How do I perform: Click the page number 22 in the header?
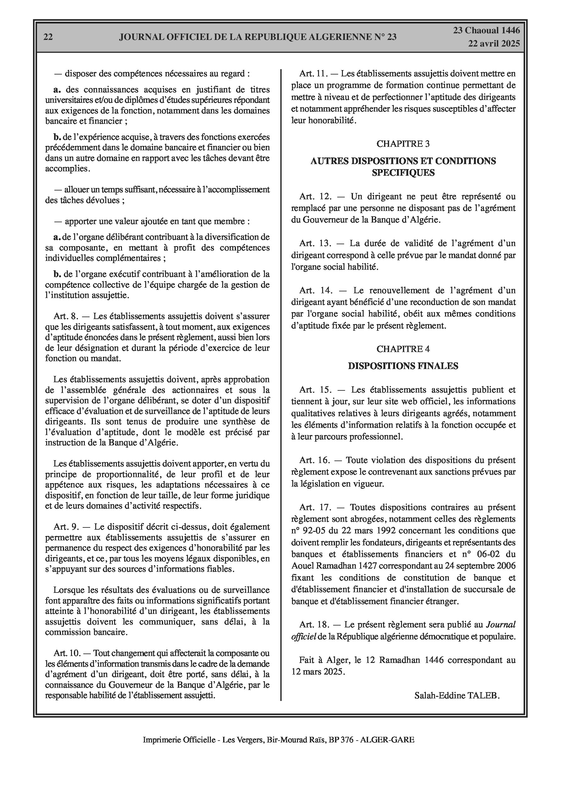(x=48, y=37)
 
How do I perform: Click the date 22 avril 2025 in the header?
(x=494, y=44)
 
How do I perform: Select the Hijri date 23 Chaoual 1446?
(x=486, y=30)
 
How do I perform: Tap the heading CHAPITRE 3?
(x=403, y=144)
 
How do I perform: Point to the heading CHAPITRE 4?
(x=403, y=349)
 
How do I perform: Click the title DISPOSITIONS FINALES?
(x=403, y=366)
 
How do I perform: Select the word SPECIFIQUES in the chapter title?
(x=403, y=173)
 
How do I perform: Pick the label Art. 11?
(x=313, y=73)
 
